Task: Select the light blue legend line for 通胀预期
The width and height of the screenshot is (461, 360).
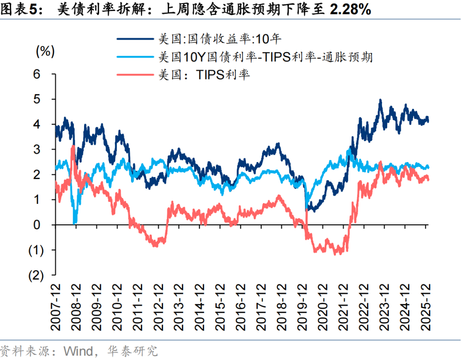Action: pyautogui.click(x=135, y=56)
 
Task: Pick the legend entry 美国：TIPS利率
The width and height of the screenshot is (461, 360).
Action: pyautogui.click(x=204, y=74)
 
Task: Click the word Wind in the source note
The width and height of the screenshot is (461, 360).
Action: pyautogui.click(x=79, y=351)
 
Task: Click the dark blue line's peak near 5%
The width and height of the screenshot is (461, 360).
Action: pyautogui.click(x=380, y=101)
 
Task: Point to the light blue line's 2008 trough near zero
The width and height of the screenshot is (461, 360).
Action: pyautogui.click(x=75, y=222)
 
